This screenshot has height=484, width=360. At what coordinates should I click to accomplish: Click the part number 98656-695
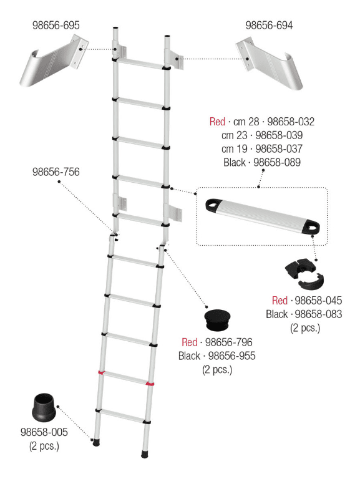(56, 26)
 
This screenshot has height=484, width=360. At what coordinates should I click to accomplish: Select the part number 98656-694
(269, 26)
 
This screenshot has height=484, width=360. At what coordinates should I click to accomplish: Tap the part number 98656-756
(56, 172)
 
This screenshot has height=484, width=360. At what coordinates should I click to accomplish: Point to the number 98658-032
(291, 122)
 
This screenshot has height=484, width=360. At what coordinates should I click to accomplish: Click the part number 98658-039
(279, 135)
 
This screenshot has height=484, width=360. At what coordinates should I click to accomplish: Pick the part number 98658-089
(277, 162)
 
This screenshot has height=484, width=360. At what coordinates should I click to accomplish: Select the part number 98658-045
(318, 301)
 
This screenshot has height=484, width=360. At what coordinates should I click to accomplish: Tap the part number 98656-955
(232, 356)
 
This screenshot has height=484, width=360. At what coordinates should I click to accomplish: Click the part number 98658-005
(44, 432)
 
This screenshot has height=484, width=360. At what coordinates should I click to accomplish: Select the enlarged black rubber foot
(44, 407)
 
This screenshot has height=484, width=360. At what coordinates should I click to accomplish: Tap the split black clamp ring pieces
(304, 273)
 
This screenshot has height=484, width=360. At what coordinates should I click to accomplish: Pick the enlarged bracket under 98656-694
(270, 64)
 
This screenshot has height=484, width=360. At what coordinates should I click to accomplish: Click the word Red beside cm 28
(217, 122)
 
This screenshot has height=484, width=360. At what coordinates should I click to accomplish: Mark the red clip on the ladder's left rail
(101, 372)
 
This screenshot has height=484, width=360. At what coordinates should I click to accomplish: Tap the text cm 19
(235, 149)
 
